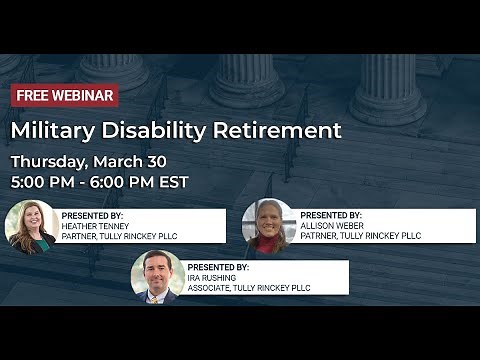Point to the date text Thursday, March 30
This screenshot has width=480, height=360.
pos(88,161)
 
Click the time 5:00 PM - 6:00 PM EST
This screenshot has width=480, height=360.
pos(99,182)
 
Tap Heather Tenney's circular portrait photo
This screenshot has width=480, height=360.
pos(31,226)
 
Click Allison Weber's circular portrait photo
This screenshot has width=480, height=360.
pos(269,226)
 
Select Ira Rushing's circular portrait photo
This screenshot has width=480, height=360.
pos(157,277)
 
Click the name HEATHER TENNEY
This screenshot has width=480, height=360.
pos(96,226)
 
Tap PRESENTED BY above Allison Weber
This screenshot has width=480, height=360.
pos(332,215)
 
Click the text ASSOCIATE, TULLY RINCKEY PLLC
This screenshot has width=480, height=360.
pos(249,289)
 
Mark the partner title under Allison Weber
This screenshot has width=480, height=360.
pos(361,237)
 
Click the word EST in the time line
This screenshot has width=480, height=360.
pos(172,182)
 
